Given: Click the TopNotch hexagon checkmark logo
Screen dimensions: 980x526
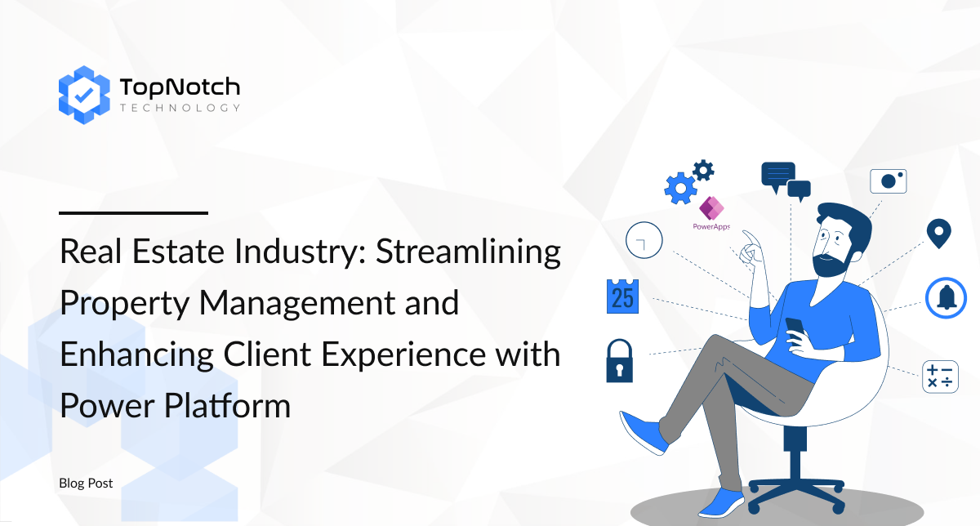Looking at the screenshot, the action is (x=84, y=95).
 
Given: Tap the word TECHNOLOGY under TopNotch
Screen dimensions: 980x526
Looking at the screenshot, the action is (x=180, y=108).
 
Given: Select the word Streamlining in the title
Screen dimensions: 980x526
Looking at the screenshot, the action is (x=468, y=252).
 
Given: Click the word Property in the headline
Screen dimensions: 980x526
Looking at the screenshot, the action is (x=125, y=304).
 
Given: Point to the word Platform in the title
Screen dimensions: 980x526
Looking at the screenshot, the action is (x=228, y=406).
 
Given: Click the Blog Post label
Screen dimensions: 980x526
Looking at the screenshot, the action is (x=86, y=483).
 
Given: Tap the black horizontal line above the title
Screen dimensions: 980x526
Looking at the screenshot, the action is (x=133, y=213).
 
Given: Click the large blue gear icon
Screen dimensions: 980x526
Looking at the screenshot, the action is (x=681, y=188).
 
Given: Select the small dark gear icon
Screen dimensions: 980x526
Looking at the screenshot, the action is (x=703, y=170).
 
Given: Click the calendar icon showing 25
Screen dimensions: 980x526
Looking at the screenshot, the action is (x=622, y=296).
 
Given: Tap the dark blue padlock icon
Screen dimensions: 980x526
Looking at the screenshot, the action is (x=620, y=361).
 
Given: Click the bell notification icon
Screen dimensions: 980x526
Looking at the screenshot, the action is (x=946, y=298).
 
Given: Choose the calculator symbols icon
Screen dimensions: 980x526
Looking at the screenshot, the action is (x=940, y=377).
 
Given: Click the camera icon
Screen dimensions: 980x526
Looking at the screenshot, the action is (x=889, y=181).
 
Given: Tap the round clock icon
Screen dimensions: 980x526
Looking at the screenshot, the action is (x=644, y=240).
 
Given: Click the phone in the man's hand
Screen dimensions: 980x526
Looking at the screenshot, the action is (x=795, y=327).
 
